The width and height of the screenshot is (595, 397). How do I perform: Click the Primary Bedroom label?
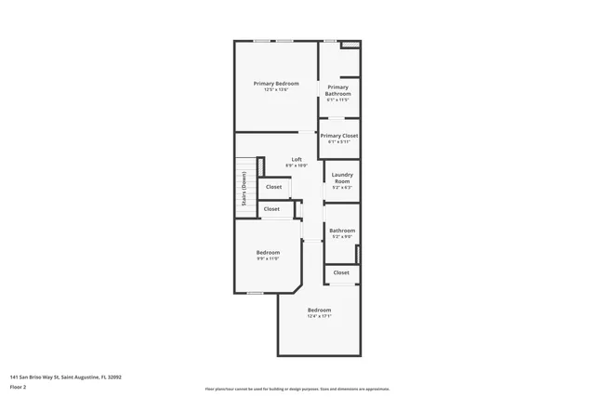pos(275,84)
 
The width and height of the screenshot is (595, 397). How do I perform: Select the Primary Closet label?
pos(339,136)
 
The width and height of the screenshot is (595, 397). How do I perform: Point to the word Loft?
pos(297,159)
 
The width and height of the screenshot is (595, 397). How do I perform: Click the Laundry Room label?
pos(342,176)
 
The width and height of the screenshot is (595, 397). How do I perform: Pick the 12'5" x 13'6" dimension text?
pos(275,90)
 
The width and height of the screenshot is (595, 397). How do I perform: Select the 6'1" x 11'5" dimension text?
pos(337,99)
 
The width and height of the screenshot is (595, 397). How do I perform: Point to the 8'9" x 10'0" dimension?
pos(297,165)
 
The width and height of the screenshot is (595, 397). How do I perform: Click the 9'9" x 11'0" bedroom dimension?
pos(268,258)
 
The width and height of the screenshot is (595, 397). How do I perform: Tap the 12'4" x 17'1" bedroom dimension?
pos(319,316)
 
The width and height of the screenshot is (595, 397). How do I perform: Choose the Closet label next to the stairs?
pos(273,187)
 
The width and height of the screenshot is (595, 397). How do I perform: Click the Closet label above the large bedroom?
pos(341,272)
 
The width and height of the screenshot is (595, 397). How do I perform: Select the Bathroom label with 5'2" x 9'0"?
pos(342,231)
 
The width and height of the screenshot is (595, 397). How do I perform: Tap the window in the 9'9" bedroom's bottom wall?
pos(255,293)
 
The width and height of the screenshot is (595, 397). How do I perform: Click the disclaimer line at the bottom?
pos(297,389)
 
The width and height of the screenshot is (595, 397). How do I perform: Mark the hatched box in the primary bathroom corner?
pos(350,45)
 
